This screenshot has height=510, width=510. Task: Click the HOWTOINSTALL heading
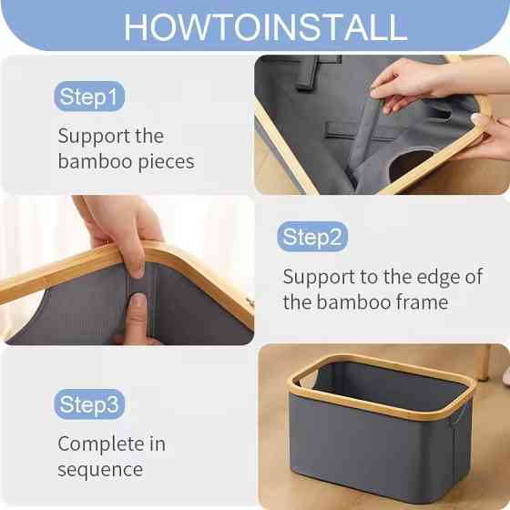[x=265, y=27]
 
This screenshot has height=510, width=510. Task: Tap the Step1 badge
[x=89, y=97]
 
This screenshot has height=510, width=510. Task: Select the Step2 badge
[x=312, y=237]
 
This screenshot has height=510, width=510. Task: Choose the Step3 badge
[x=89, y=404]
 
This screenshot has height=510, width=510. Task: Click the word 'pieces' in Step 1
[x=166, y=162]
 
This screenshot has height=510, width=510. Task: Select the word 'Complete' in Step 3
[x=101, y=444]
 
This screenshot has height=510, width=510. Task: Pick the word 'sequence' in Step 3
[x=100, y=470]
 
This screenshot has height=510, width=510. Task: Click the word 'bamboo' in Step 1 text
[x=95, y=162]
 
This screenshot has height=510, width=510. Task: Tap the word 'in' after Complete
[x=158, y=444]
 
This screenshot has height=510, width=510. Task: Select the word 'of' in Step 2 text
[x=474, y=277]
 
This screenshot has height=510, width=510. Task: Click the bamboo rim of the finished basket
[x=383, y=386]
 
